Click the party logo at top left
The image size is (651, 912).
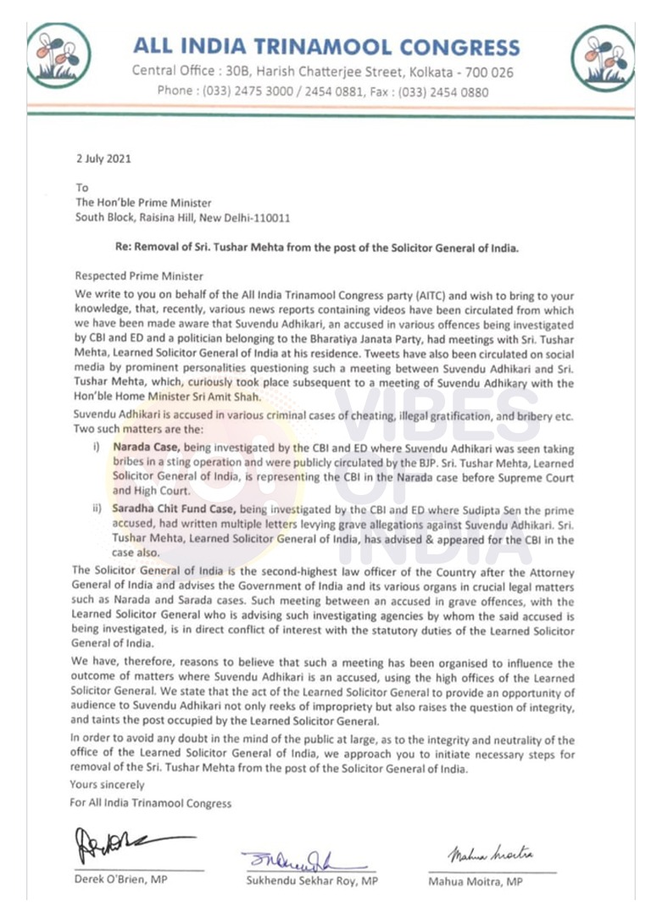(x=57, y=56)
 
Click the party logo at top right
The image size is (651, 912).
(x=603, y=57)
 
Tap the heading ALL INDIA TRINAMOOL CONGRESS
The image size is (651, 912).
(x=326, y=46)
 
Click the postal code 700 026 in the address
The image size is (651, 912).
(x=488, y=72)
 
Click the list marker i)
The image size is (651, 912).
(x=97, y=445)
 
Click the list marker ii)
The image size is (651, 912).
(x=97, y=511)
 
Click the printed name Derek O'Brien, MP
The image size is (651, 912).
(x=121, y=879)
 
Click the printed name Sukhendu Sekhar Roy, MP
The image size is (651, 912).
(x=310, y=881)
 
